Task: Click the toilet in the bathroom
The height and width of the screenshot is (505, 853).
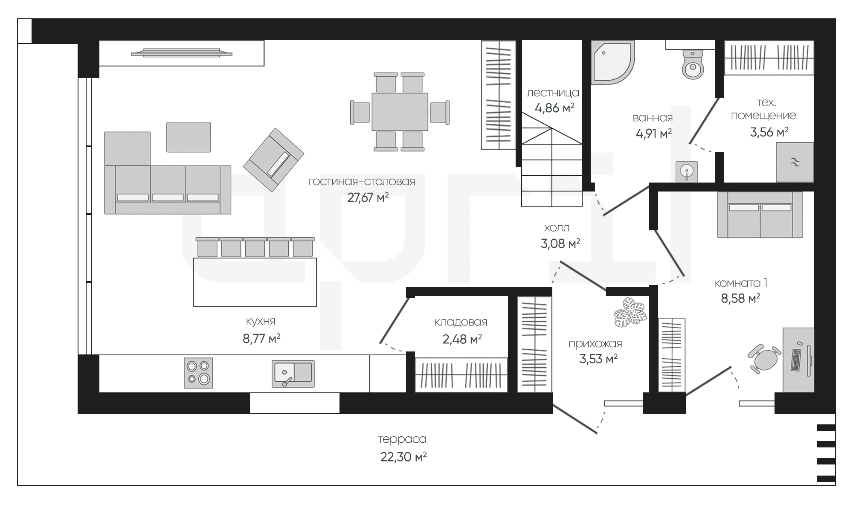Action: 693,64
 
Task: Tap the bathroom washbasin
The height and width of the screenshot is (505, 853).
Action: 687,172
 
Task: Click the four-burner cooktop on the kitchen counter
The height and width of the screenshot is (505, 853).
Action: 198,373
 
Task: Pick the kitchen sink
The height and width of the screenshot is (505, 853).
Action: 293,374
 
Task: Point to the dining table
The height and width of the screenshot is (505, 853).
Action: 400,112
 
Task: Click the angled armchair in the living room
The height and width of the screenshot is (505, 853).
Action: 273,160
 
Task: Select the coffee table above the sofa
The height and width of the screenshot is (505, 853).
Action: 189,137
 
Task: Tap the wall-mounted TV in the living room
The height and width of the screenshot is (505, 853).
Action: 182,53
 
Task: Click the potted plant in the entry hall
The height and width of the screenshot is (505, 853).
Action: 630,313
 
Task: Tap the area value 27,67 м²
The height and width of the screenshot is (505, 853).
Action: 368,197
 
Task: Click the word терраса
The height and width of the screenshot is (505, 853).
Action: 402,439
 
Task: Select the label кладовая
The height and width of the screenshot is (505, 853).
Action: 461,322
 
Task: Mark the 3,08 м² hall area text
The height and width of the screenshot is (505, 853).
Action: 560,244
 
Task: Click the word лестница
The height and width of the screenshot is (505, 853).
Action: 553,93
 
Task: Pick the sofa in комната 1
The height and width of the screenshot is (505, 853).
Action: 760,215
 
